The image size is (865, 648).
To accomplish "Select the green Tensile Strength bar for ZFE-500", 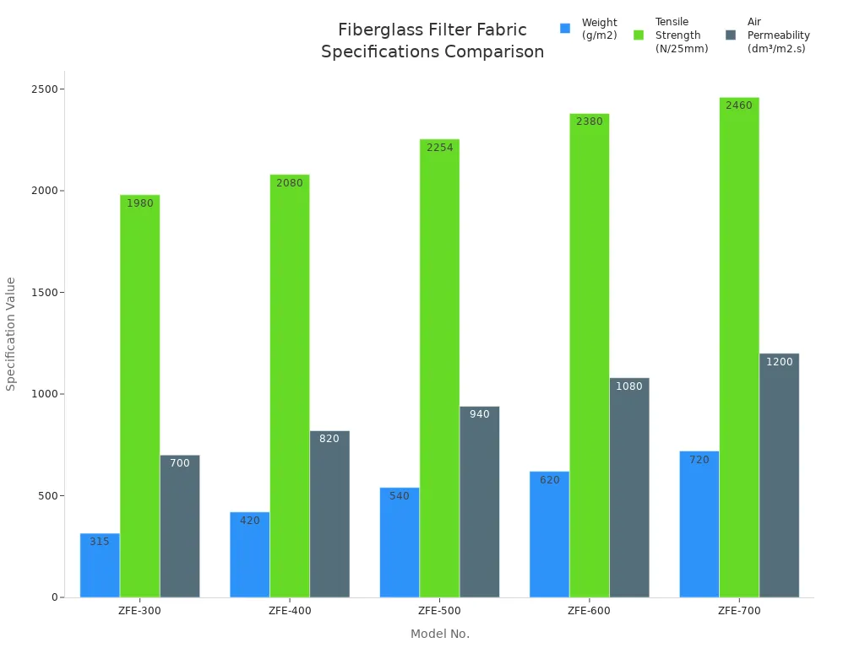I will click(439, 371).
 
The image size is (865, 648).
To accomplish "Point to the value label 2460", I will click(739, 105).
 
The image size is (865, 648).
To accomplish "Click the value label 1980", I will click(140, 203).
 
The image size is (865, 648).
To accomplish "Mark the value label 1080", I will click(629, 386).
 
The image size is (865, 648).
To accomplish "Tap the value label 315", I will click(100, 542).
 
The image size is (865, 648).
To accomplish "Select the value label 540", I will click(400, 496).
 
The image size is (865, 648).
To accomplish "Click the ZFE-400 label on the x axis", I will click(290, 611).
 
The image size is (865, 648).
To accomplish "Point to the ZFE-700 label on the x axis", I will click(739, 611).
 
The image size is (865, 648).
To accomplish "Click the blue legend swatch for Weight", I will click(565, 29).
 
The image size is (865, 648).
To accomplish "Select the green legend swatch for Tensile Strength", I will click(639, 35).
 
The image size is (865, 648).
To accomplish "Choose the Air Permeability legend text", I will click(778, 35).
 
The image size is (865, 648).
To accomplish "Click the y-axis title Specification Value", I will click(11, 333).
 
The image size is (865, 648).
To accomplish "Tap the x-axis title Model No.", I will click(440, 634).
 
